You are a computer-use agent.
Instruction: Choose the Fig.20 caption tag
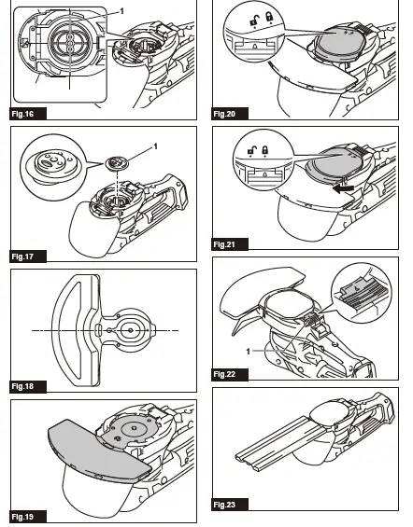[x=224, y=114]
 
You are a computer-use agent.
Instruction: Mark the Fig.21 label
[x=224, y=244]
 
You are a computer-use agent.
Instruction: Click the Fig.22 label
[x=224, y=373]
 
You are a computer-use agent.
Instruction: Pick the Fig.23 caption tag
[x=224, y=505]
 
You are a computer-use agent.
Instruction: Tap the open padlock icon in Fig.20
[x=240, y=18]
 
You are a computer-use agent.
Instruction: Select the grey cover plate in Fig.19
[x=93, y=451]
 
